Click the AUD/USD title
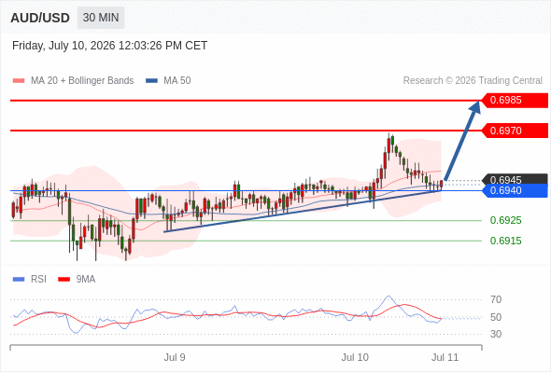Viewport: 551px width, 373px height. tap(40, 18)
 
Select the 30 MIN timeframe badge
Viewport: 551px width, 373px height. tap(101, 18)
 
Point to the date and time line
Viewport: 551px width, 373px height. tap(109, 46)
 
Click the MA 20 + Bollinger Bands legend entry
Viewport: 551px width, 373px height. tap(73, 81)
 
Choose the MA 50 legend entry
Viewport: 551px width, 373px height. tap(168, 81)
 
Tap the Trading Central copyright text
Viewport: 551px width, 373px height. tap(473, 81)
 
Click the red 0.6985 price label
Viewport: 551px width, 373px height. tap(515, 101)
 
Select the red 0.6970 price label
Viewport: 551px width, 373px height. tap(515, 131)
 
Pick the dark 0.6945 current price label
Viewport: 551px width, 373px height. tap(515, 179)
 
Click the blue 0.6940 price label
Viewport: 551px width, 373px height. tap(515, 190)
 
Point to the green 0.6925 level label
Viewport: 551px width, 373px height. tap(505, 220)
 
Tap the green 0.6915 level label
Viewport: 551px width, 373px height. tap(505, 241)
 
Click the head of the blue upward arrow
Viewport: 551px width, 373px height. tap(479, 102)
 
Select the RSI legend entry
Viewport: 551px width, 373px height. tap(30, 280)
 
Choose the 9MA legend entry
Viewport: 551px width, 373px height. tap(77, 280)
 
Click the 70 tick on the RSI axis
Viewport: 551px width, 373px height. tap(496, 299)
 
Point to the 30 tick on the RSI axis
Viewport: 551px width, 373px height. tap(496, 334)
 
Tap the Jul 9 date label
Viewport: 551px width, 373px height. tap(175, 357)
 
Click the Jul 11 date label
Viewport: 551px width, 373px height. tap(445, 357)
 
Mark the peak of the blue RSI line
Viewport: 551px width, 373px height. tap(389, 296)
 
